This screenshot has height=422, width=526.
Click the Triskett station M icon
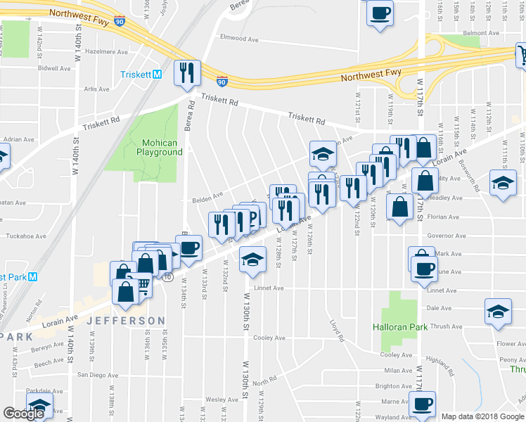(x=157, y=75)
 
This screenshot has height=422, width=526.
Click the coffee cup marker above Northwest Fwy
(x=380, y=13)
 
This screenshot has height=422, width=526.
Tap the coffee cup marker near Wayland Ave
(x=423, y=405)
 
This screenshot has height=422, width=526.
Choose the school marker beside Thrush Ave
(x=498, y=311)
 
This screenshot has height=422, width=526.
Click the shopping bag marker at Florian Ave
(x=399, y=208)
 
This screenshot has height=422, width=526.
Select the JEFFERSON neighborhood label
(x=126, y=321)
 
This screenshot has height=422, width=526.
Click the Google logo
(x=23, y=414)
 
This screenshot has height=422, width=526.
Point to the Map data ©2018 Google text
(x=482, y=416)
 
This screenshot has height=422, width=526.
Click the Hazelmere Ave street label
(x=105, y=52)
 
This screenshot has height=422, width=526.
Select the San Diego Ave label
(x=98, y=375)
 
